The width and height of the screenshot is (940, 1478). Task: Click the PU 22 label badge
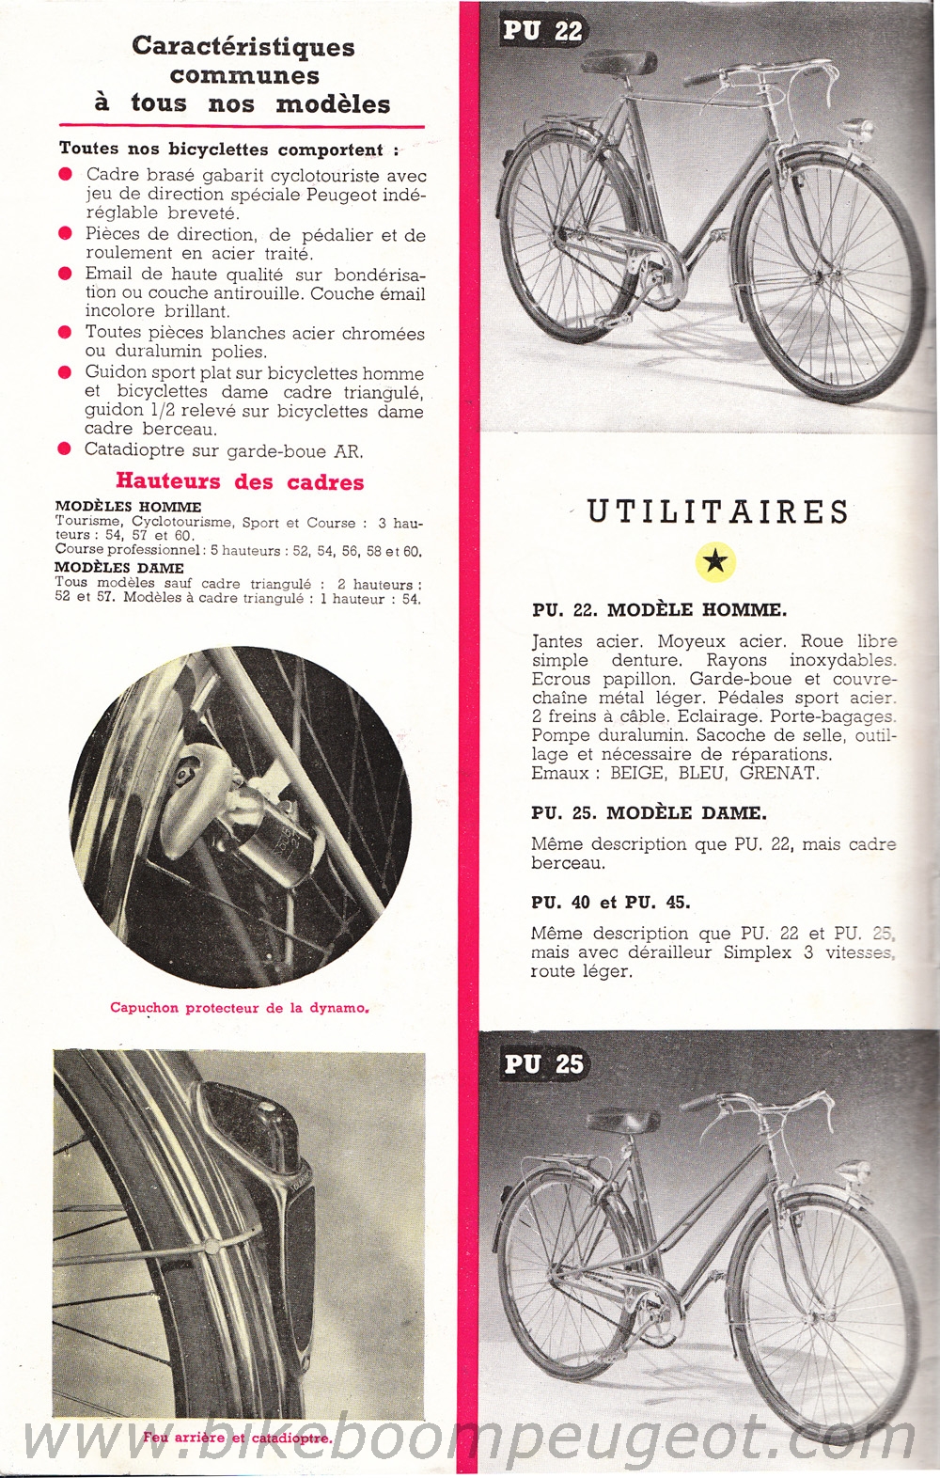click(x=542, y=31)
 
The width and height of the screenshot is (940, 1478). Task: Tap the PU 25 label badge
click(x=543, y=1063)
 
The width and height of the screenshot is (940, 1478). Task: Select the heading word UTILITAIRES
click(x=718, y=512)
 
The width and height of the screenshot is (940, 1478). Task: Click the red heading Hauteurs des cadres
click(x=240, y=481)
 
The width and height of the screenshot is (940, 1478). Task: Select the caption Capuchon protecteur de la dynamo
click(x=239, y=1008)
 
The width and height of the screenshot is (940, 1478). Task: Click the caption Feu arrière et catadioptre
click(x=237, y=1438)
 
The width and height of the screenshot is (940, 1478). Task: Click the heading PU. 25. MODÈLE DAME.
click(x=649, y=812)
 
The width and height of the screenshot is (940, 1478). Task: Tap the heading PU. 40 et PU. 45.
click(x=610, y=903)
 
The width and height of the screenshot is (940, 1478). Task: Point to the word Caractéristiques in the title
click(x=243, y=46)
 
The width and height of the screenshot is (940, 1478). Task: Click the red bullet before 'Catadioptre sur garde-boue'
click(x=64, y=449)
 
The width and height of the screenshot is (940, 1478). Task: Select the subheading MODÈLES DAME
click(x=119, y=568)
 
